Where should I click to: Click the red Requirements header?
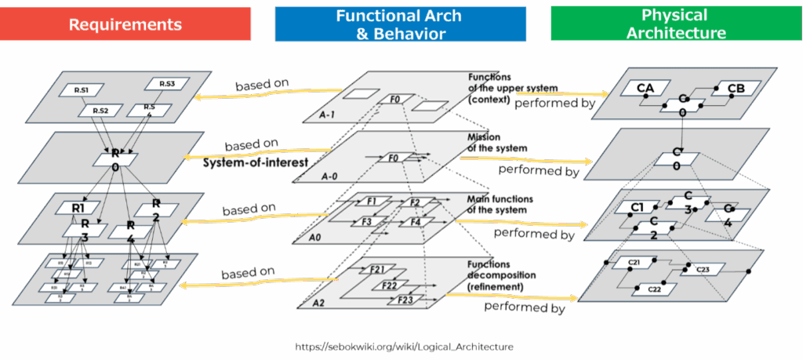(x=125, y=24)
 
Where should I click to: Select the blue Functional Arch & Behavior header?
(x=400, y=24)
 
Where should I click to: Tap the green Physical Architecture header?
(x=674, y=24)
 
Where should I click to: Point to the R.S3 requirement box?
(x=166, y=84)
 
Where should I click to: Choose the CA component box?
(x=645, y=88)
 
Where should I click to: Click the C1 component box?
(x=637, y=208)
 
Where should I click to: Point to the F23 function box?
(x=405, y=300)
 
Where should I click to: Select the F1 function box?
(x=373, y=202)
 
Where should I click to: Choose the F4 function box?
(x=416, y=222)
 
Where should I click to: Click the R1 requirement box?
(x=78, y=209)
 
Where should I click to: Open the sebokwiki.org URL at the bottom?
(x=404, y=346)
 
